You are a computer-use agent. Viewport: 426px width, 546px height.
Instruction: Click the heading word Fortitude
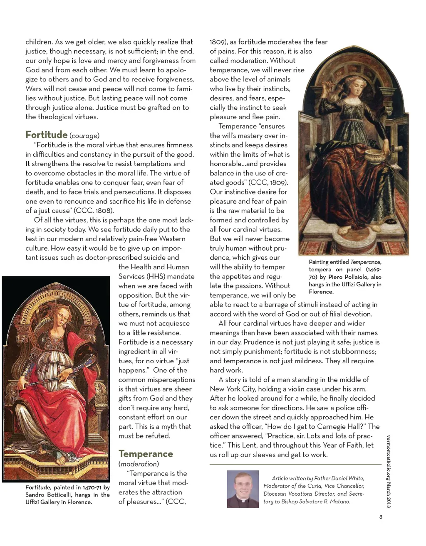click(x=46, y=135)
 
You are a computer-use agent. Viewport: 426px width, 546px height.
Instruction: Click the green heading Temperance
click(x=146, y=454)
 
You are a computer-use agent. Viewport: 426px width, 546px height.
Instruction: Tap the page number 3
click(x=381, y=517)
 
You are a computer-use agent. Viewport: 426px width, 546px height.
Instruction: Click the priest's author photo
click(x=243, y=489)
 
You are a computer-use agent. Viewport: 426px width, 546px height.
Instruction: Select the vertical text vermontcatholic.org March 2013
click(x=389, y=471)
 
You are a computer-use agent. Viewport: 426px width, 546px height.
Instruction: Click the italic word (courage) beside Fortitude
click(x=84, y=135)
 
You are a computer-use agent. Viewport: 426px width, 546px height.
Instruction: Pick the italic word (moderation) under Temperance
click(x=139, y=464)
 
